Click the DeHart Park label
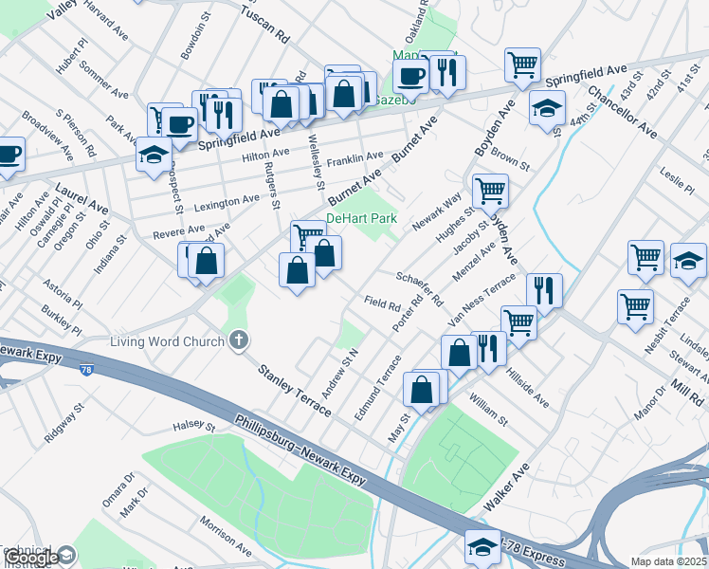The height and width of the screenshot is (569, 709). point(360,219)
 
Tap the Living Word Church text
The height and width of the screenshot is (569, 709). point(166,341)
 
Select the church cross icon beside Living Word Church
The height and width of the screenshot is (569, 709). point(239,340)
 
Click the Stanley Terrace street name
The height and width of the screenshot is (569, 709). point(295,388)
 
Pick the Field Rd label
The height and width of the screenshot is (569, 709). point(383,304)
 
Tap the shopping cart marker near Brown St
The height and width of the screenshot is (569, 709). point(490,191)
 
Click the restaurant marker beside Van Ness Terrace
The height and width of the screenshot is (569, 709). point(543,289)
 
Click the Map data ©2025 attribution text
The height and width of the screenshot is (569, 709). point(669,561)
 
